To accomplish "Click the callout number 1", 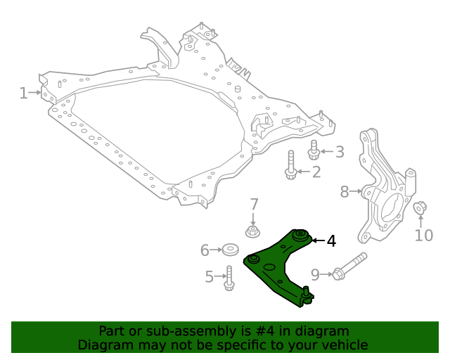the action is click(23, 93).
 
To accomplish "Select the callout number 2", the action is click(316, 172).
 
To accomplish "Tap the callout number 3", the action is click(340, 152).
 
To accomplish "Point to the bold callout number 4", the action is click(331, 241).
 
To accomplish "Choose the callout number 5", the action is click(210, 277).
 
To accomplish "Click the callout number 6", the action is click(205, 250).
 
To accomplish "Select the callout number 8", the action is click(345, 192).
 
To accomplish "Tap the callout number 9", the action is click(315, 275).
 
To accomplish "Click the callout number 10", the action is click(423, 236).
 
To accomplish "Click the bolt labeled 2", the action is click(290, 165).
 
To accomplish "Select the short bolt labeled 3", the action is click(314, 150).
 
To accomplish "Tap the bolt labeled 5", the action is click(229, 278).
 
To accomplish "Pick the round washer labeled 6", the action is click(230, 250).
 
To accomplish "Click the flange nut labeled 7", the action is click(252, 231).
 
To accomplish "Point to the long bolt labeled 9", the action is click(349, 266).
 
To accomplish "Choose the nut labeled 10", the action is click(420, 207).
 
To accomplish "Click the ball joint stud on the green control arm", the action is click(307, 291).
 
